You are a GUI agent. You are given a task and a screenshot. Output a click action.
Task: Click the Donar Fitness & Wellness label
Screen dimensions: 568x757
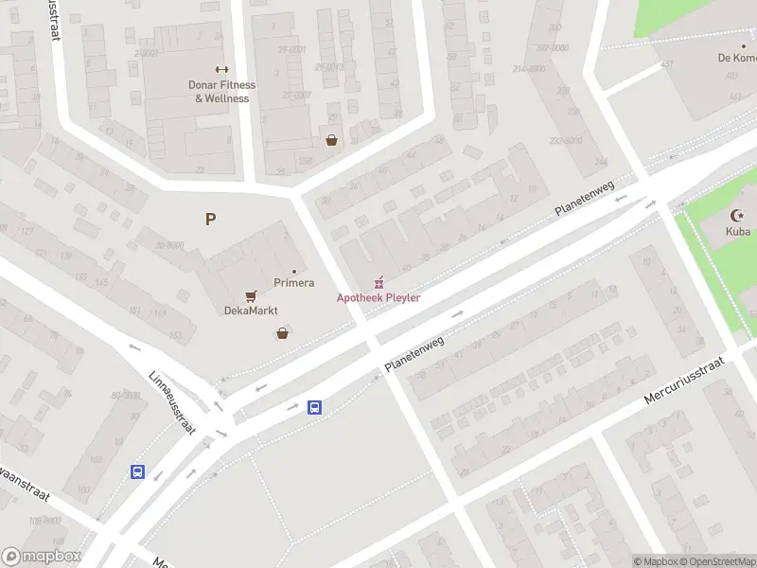click(221, 92)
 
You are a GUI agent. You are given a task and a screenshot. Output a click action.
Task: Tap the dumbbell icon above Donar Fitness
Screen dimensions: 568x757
click(221, 69)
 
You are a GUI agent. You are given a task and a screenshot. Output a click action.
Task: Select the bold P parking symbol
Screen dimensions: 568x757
click(210, 220)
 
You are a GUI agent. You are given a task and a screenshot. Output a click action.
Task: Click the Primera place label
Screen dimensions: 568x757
click(293, 283)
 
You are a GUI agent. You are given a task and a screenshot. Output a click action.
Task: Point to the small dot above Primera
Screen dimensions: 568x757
click(293, 272)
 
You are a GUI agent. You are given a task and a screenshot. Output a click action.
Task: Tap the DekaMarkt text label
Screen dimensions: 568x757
click(250, 311)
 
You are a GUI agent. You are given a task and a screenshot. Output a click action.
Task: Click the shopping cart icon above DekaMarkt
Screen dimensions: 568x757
click(251, 296)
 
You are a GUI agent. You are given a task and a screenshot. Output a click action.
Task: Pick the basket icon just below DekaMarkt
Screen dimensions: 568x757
click(282, 333)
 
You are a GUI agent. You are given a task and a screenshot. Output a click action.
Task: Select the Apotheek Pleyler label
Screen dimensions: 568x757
click(378, 298)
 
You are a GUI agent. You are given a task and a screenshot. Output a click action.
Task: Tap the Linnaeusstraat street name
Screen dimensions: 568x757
click(171, 401)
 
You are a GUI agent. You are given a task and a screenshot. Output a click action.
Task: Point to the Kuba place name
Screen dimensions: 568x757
click(737, 231)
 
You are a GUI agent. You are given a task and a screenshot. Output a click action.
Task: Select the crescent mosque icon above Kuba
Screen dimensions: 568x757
click(738, 216)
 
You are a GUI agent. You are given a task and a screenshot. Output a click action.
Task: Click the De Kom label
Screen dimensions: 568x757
click(735, 58)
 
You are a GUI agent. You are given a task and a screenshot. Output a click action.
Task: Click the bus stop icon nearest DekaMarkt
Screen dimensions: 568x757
click(314, 408)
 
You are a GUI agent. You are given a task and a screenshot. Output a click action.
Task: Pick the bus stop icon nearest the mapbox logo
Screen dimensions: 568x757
click(138, 471)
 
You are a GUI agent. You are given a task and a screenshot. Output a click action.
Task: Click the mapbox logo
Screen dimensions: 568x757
click(42, 557)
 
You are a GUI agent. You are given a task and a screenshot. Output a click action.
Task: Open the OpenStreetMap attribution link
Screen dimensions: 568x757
click(718, 562)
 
